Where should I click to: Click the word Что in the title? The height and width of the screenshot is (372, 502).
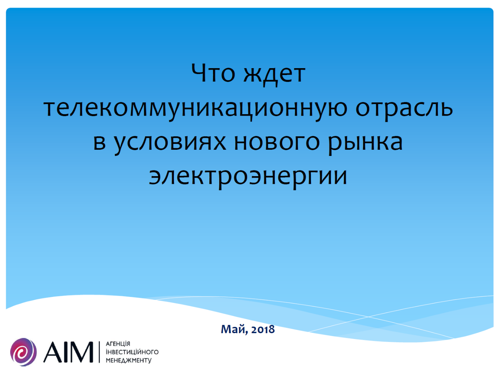tap(213, 73)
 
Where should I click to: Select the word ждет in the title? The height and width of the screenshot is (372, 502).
tap(274, 75)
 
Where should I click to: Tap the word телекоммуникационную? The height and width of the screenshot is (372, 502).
tap(195, 109)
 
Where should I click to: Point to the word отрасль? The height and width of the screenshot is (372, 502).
tap(404, 109)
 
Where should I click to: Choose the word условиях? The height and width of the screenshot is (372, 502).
tap(170, 144)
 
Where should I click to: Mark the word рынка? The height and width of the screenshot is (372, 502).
tap(365, 144)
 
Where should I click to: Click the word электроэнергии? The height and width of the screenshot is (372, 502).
tap(248, 178)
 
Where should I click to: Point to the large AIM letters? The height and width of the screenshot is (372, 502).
tap(68, 352)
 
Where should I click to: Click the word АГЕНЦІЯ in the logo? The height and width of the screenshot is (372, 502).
tap(118, 344)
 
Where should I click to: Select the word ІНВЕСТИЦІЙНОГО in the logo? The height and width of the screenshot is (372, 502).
tap(132, 352)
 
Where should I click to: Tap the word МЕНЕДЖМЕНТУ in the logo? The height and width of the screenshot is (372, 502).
tap(128, 360)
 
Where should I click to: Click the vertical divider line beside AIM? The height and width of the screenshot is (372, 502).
tap(99, 352)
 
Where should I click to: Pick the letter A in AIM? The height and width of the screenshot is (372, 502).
tap(53, 352)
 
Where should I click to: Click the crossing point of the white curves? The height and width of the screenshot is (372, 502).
tap(368, 317)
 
